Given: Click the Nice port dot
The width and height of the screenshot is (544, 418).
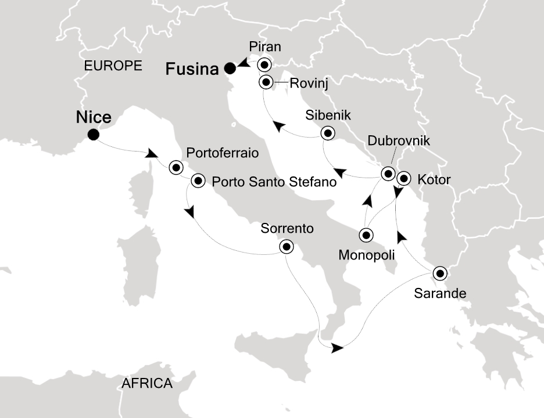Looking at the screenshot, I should point(92,135).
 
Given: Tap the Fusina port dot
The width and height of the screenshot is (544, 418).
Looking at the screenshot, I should point(230,69).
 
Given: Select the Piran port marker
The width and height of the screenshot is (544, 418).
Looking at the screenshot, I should point(266,64).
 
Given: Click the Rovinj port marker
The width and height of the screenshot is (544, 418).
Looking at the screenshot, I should point(266,82).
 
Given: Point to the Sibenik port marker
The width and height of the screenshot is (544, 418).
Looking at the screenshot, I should point(328,134).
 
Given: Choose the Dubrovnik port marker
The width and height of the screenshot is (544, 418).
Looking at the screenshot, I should point(388,173).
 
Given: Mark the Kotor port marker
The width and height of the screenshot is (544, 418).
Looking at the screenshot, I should point(404,179).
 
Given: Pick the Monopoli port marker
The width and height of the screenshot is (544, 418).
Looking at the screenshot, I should point(366,235).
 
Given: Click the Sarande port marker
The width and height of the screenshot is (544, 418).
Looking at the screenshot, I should point(440,273).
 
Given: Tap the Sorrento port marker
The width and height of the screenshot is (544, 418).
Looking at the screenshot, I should point(286,247).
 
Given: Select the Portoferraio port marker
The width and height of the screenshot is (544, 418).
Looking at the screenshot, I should point(176,168).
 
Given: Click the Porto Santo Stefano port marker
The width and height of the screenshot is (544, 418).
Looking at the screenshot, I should point(198,181).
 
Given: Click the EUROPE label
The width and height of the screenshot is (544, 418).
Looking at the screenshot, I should point(113,65).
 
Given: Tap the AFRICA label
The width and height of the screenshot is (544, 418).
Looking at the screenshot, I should point(147,383).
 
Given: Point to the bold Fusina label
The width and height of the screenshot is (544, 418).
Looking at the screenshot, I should point(192,70).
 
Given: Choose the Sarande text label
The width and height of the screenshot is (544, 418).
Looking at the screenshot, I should point(441,293).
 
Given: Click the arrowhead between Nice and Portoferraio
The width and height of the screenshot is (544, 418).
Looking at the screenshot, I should point(152,154).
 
